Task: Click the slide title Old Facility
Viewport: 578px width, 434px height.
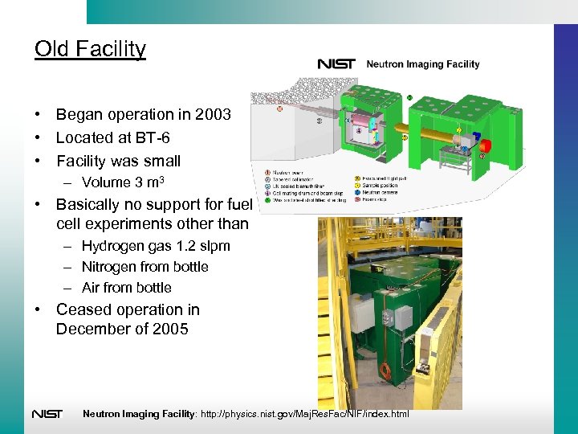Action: click(x=90, y=49)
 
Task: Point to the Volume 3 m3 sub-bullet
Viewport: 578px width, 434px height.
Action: click(x=128, y=182)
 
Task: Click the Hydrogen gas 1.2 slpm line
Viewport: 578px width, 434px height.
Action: click(x=156, y=246)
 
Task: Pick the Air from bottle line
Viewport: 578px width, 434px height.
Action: click(x=126, y=288)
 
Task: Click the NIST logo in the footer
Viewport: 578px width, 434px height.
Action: click(x=47, y=414)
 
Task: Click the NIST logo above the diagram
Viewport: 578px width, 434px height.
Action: click(x=336, y=64)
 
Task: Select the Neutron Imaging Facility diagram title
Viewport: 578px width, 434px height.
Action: click(x=422, y=64)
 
